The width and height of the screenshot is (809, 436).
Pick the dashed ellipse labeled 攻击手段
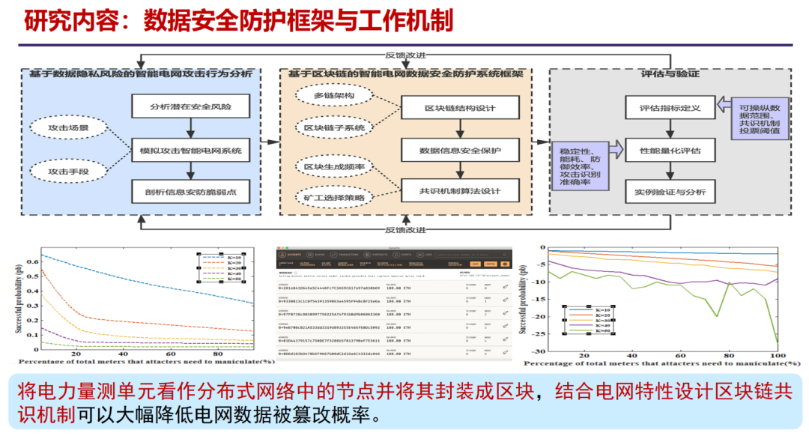click(x=68, y=172)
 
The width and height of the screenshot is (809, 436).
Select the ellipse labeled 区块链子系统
click(x=334, y=128)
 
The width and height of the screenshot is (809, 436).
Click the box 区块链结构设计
click(x=460, y=108)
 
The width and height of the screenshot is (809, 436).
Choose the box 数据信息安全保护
click(x=460, y=151)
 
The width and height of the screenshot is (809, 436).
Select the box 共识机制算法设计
click(x=460, y=191)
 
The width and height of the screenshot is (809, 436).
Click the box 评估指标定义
click(x=670, y=108)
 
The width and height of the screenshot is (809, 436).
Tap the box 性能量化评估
click(x=670, y=151)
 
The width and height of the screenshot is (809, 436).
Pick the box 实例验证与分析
click(x=670, y=192)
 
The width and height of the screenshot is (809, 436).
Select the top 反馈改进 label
click(x=405, y=55)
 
